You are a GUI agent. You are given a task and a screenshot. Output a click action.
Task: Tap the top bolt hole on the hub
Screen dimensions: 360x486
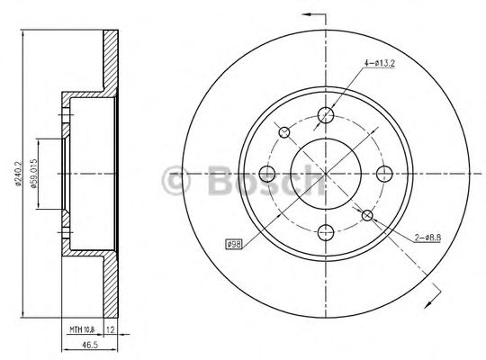click(x=326, y=114)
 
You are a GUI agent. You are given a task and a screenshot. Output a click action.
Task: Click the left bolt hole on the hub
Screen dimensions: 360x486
click(x=267, y=173)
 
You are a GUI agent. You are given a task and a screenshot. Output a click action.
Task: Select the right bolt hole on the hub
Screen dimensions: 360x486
click(x=384, y=173)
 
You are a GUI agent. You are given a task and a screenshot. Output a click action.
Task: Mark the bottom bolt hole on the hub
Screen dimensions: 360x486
click(x=326, y=231)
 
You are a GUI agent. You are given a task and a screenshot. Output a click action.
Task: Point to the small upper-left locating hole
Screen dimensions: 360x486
click(x=285, y=133)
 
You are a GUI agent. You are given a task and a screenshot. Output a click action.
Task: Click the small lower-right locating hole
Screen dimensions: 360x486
click(x=366, y=213)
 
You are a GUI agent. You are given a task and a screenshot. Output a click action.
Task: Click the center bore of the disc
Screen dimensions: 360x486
click(x=326, y=173)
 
